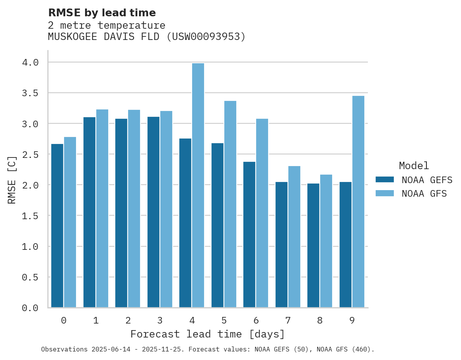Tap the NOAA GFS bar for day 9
point(358,202)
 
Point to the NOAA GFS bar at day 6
point(262,213)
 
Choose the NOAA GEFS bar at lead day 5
point(217,225)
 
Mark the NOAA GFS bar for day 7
point(294,237)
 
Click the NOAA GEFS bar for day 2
point(121,213)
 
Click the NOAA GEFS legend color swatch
point(385,180)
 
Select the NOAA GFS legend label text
point(424,194)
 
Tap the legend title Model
point(414,166)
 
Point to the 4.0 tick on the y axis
point(30,62)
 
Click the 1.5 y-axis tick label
point(30,216)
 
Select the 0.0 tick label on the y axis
point(30,308)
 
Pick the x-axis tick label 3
point(160,320)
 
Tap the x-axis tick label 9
point(352,320)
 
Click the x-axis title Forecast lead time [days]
point(208,334)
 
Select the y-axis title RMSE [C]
point(12,180)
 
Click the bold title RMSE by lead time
point(102,13)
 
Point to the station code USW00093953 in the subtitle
point(206,37)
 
